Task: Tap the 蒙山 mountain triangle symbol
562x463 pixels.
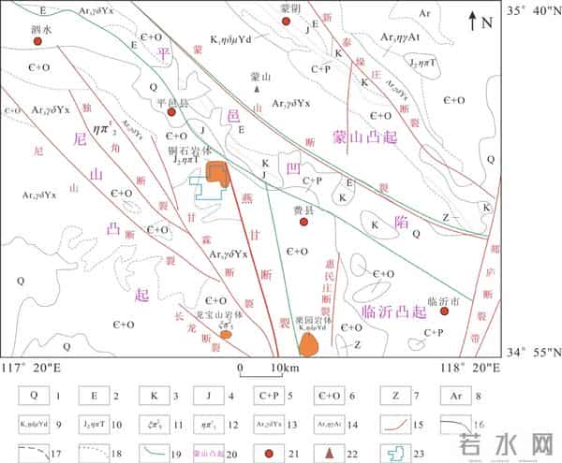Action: (x=256, y=89)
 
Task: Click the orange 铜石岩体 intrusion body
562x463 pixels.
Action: (x=217, y=174)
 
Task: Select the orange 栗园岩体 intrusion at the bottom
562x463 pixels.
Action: (x=309, y=344)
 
